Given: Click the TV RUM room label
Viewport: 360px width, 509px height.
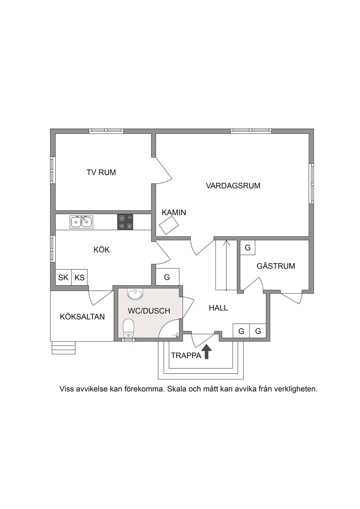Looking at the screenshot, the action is pyautogui.click(x=101, y=172).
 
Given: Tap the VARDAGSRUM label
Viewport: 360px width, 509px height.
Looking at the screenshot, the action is pyautogui.click(x=233, y=186).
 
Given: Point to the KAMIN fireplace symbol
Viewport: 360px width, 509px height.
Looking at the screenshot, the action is pyautogui.click(x=169, y=225).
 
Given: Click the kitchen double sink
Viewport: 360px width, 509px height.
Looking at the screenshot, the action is pyautogui.click(x=81, y=222).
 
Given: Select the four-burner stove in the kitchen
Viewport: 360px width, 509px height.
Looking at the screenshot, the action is pyautogui.click(x=125, y=222).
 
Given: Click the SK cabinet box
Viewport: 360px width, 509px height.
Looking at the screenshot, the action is pyautogui.click(x=63, y=277).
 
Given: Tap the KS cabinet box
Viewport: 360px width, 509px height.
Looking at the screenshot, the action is pyautogui.click(x=79, y=277).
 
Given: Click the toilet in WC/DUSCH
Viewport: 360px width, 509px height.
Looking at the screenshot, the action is pyautogui.click(x=128, y=328).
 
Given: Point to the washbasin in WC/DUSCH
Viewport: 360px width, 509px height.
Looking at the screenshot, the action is pyautogui.click(x=135, y=294).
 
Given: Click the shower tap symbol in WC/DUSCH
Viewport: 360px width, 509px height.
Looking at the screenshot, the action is pyautogui.click(x=175, y=335).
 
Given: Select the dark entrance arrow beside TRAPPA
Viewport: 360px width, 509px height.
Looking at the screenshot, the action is pyautogui.click(x=207, y=351).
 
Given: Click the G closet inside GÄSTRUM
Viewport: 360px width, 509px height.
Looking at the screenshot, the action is pyautogui.click(x=248, y=248).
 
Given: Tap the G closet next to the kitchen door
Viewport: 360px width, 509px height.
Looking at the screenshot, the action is pyautogui.click(x=167, y=277).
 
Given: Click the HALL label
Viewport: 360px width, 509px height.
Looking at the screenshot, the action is pyautogui.click(x=218, y=308).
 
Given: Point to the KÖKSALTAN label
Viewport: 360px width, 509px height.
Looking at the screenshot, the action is pyautogui.click(x=82, y=317).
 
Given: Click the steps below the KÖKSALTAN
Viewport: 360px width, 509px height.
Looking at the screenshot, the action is pyautogui.click(x=64, y=348).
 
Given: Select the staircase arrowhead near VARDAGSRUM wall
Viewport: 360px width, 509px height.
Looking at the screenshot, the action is pyautogui.click(x=226, y=243).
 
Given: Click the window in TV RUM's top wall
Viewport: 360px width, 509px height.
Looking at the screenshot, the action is pyautogui.click(x=106, y=131).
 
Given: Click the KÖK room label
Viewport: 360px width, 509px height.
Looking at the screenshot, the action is pyautogui.click(x=101, y=250).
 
